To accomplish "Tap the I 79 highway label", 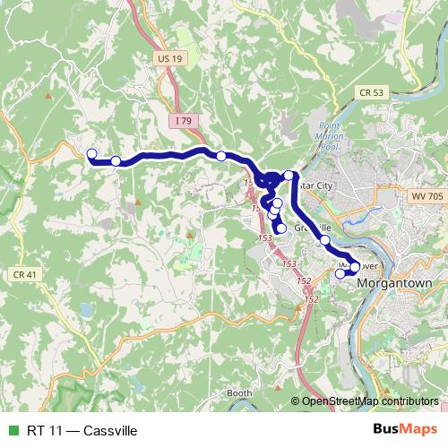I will [x=183, y=120].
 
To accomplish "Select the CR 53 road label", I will [x=371, y=92].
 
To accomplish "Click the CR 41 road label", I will [x=25, y=273].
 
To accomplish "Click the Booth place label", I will [x=239, y=393].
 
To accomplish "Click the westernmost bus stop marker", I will [x=91, y=154].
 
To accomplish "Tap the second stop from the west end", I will [x=116, y=161].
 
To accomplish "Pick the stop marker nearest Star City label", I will [x=289, y=175].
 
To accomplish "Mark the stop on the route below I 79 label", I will [x=221, y=157].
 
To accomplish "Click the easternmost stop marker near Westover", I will [x=355, y=267].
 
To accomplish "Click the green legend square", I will [x=11, y=431].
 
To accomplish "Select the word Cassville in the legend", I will [x=109, y=431].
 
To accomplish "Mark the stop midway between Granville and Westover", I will [x=324, y=241].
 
